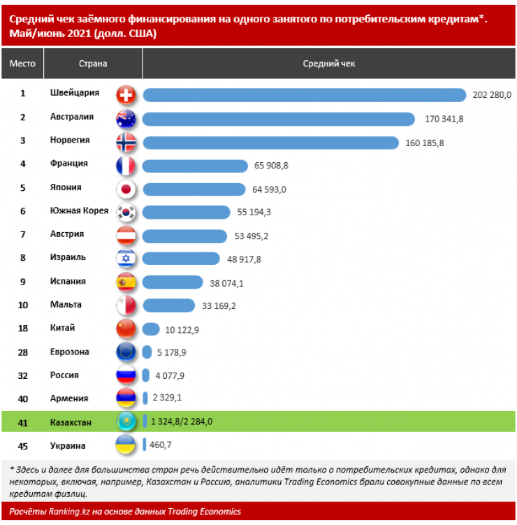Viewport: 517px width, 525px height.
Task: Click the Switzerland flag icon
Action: point(126,94)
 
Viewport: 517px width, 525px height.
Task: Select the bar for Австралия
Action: point(279,119)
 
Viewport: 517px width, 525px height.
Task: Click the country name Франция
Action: point(69,164)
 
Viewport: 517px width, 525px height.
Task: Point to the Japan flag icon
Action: point(126,189)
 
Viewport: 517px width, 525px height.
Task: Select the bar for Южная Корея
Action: point(186,212)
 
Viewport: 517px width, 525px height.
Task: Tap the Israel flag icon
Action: point(126,259)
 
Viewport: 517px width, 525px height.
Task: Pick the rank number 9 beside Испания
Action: point(22,282)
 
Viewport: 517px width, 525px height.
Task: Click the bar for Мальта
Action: point(168,305)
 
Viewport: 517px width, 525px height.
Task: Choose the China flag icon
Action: point(126,329)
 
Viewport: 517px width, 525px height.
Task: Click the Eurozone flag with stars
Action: point(126,352)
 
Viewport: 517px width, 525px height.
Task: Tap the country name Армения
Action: point(69,398)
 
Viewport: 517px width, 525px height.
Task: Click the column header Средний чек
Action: point(328,64)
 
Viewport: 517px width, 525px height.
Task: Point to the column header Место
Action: point(22,64)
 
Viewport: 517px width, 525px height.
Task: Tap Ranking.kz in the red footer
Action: point(65,512)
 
